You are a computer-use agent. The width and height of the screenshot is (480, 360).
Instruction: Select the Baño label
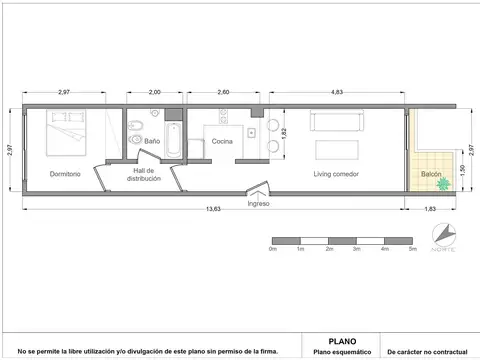click(x=152, y=142)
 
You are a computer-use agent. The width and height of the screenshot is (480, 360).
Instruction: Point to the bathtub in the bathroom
click(x=174, y=139)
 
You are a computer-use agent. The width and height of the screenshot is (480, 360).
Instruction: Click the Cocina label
click(x=222, y=142)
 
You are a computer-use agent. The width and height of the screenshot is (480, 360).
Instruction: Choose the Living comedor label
click(x=336, y=174)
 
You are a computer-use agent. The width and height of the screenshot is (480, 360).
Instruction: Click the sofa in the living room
click(x=340, y=122)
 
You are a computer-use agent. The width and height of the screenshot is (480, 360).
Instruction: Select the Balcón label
click(x=431, y=174)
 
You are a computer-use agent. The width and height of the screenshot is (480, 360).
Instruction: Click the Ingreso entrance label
click(x=260, y=202)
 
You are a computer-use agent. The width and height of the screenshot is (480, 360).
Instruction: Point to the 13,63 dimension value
click(x=214, y=209)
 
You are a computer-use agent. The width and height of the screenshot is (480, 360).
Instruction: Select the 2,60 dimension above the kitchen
click(x=223, y=92)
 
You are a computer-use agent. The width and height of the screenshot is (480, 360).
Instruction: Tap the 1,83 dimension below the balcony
click(x=430, y=209)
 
